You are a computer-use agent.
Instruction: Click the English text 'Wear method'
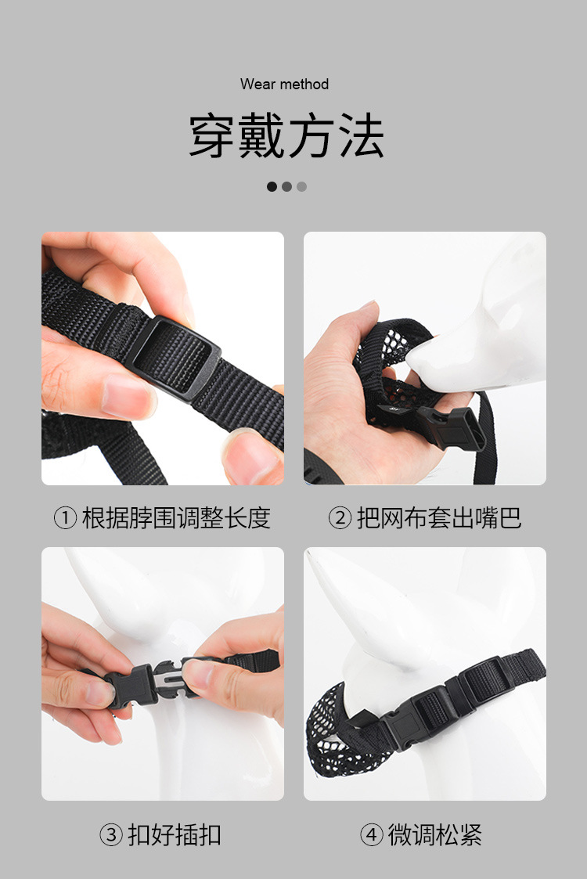284,84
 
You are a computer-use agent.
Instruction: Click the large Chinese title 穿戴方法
286,135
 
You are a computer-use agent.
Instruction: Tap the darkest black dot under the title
272,186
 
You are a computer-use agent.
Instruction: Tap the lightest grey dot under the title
301,186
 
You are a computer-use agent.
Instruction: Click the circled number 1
65,518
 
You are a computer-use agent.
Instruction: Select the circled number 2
340,518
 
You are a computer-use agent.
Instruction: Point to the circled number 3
111,834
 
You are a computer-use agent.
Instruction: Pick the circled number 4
371,834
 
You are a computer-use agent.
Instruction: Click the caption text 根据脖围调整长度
176,518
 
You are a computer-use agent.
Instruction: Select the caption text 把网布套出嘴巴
439,518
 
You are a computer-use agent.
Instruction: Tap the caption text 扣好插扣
175,834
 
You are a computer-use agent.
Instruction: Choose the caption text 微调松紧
435,834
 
